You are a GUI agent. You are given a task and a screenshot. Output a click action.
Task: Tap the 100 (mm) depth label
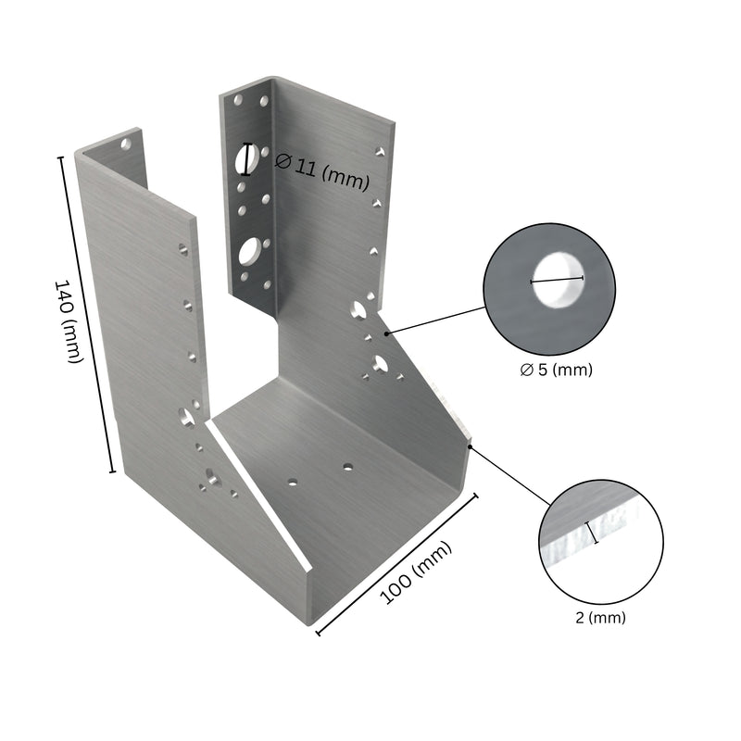pos(418,571)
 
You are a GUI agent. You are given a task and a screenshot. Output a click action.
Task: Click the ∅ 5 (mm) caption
pos(556,370)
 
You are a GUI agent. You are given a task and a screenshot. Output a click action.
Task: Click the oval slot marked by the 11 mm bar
pos(246,159)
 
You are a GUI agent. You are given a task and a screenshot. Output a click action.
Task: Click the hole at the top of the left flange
pos(125,144)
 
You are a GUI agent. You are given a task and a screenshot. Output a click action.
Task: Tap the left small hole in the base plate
pos(292,482)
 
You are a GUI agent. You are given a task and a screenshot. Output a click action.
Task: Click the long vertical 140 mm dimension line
pos(87,315)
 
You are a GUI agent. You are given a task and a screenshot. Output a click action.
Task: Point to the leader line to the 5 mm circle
pos(435,320)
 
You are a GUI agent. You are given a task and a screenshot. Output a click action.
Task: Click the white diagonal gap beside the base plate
pos(259,491)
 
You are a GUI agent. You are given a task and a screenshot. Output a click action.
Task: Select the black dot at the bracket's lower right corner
pos(471,446)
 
